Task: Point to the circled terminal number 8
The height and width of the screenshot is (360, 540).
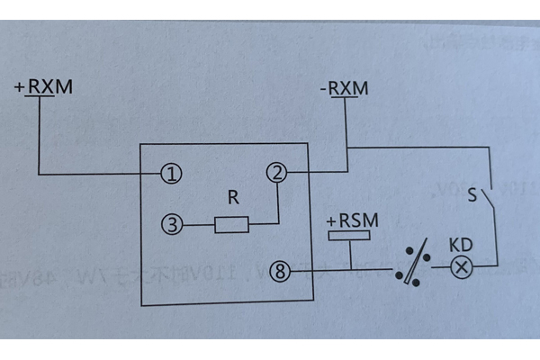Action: (x=281, y=269)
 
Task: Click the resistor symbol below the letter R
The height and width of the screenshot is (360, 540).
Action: (x=231, y=223)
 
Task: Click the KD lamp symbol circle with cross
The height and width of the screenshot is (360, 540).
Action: (x=461, y=267)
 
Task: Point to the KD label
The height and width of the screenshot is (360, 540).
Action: (x=461, y=245)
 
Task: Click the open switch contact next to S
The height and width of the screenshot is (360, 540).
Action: (x=487, y=196)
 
